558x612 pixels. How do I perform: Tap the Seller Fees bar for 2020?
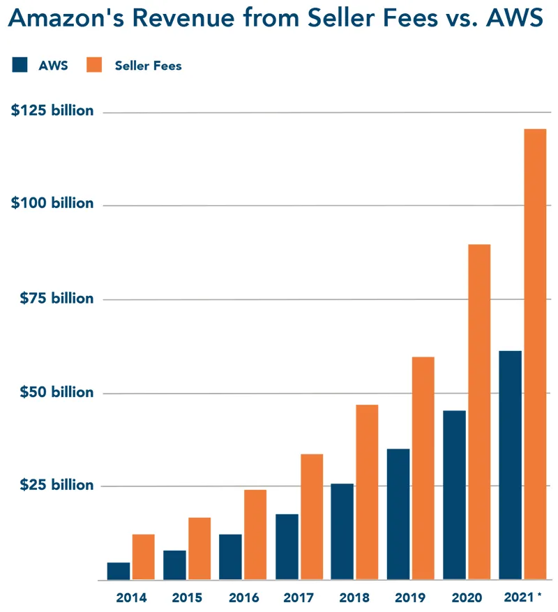pos(479,412)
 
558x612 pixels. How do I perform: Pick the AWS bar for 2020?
pos(454,495)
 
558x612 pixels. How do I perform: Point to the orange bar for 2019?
pos(423,468)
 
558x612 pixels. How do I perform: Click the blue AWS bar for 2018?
pos(342,532)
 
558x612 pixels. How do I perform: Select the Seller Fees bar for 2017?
pos(312,516)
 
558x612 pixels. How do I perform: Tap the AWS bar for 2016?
pos(230,557)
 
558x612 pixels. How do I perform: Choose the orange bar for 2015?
pos(199,548)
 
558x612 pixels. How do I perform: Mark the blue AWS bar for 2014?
pos(119,571)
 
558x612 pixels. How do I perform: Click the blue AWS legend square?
pos(20,65)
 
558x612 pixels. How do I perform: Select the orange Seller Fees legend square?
pos(94,65)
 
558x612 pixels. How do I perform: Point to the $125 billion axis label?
pos(52,110)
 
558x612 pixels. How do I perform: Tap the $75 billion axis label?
pos(57,298)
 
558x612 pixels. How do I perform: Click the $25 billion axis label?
pos(57,485)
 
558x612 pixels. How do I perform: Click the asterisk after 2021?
pos(539,595)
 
